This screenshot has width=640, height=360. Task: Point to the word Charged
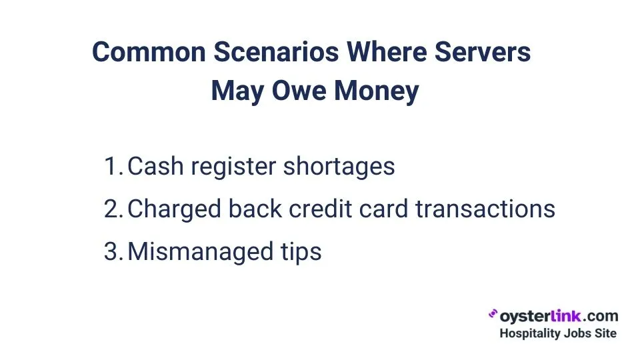(173, 209)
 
